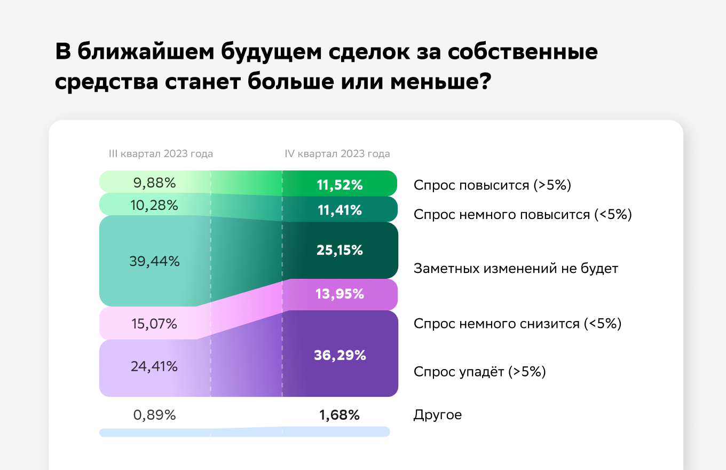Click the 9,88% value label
tap(154, 183)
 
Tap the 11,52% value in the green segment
tap(340, 185)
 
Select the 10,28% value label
tap(154, 205)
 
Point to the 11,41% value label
tap(340, 210)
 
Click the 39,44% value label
tap(154, 261)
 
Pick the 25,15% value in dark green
tap(340, 250)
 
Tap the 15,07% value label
tap(154, 324)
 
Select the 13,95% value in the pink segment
tap(340, 294)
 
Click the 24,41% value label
tap(154, 366)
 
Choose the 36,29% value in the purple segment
tap(340, 355)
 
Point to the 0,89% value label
tap(154, 414)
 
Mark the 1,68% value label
tap(340, 414)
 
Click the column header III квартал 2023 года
tap(161, 154)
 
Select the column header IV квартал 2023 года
tap(337, 154)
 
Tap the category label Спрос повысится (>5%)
tap(493, 185)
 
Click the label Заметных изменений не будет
tap(516, 268)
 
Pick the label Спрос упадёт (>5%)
tap(479, 372)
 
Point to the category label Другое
tap(437, 414)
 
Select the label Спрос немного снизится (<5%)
tap(517, 324)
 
